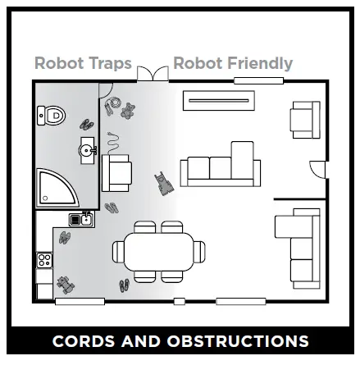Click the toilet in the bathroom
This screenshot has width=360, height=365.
coord(52,116)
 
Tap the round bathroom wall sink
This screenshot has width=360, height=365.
coord(86,149)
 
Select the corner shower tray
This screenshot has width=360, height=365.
coord(55,188)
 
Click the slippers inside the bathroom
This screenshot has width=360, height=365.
coord(87,124)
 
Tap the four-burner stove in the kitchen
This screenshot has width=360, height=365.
coord(44,262)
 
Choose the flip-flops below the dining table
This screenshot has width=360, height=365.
coord(124,285)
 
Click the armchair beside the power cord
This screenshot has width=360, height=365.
coord(116,171)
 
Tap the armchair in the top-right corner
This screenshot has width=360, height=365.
coord(305,119)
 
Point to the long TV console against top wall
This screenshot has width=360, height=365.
coord(219,101)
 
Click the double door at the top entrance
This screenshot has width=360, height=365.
coord(151,74)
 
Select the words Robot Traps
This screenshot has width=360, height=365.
coord(82,63)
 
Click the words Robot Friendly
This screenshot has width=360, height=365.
coord(233,63)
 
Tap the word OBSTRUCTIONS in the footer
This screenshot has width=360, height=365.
coord(238,340)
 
